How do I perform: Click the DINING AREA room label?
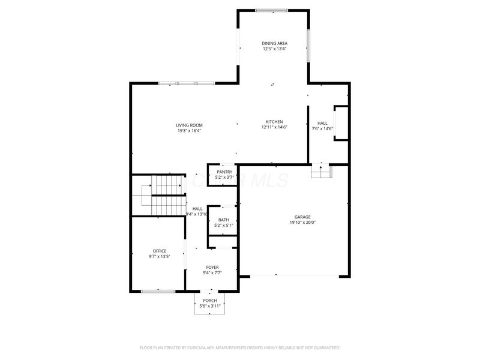(x=274, y=43)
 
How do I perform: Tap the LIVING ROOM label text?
(x=189, y=125)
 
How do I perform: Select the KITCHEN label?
(x=274, y=122)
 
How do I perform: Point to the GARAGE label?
(x=302, y=217)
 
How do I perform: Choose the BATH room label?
(x=223, y=220)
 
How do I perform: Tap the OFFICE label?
(x=159, y=251)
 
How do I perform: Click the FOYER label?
(x=212, y=268)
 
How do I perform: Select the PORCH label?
(x=210, y=301)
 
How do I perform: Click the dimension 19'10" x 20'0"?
(x=302, y=223)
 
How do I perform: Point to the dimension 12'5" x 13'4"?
(x=274, y=49)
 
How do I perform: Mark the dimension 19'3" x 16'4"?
(x=189, y=131)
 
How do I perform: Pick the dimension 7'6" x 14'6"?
(x=322, y=128)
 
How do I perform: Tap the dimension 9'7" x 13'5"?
(x=159, y=256)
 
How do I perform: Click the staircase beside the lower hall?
(x=162, y=195)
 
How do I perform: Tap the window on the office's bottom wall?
(x=158, y=292)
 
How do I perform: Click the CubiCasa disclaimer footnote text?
(x=240, y=347)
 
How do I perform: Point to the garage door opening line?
(x=294, y=275)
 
